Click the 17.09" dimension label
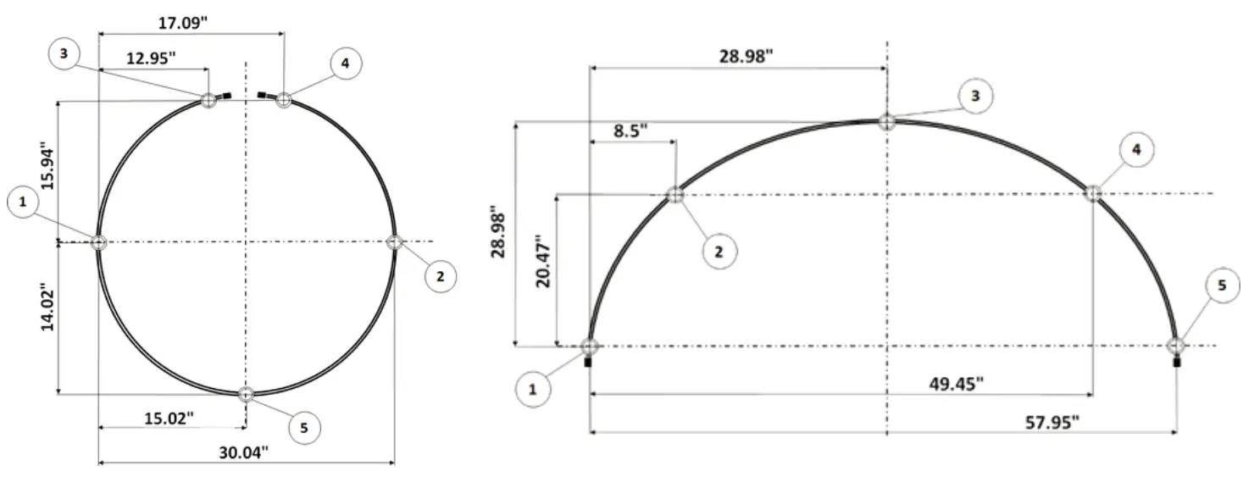point(184,23)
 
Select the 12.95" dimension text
point(153,58)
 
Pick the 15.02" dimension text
point(169,417)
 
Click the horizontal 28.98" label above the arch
point(746,57)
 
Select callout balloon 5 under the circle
point(304,429)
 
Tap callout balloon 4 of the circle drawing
point(346,64)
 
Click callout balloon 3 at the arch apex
point(975,97)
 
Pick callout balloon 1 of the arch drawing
point(532,389)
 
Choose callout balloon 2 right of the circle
point(441,276)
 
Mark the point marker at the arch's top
point(886,122)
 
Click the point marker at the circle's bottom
point(246,394)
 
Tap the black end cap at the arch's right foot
point(1176,363)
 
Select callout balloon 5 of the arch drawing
point(1221,286)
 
